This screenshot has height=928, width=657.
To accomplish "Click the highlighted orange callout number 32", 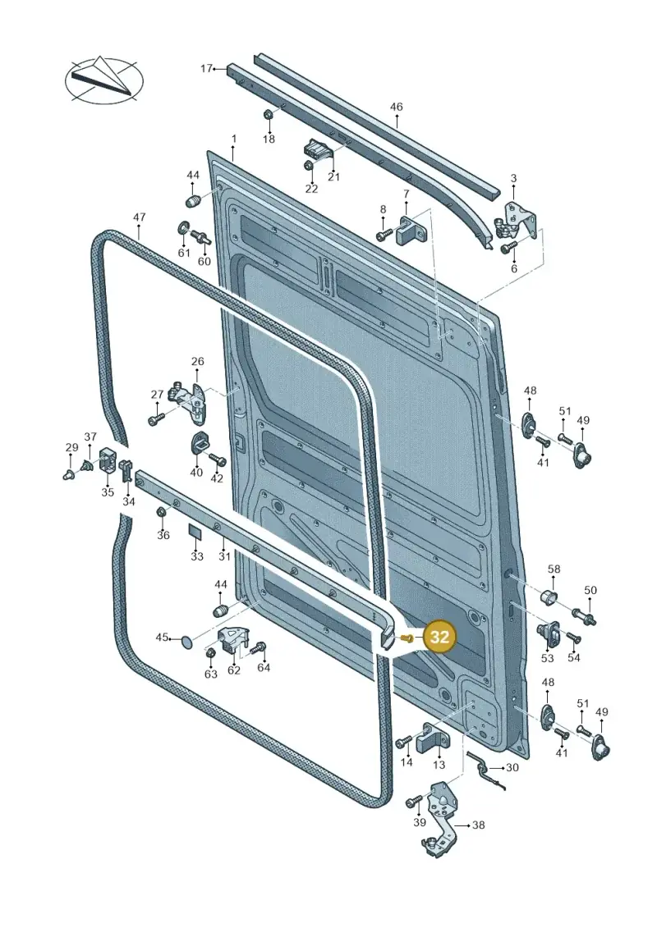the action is tap(440, 637).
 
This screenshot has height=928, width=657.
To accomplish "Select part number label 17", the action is tap(205, 69).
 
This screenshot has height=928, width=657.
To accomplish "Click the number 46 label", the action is tap(397, 107).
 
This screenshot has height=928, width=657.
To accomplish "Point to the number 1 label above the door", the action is tap(234, 139).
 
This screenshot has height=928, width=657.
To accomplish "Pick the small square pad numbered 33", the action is tap(195, 531).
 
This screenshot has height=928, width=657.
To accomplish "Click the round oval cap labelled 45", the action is tap(186, 640).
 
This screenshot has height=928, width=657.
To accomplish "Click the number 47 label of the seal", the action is tap(139, 217).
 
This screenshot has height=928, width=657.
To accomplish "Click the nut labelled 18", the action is tap(267, 113).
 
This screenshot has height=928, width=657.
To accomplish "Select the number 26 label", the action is tap(197, 361).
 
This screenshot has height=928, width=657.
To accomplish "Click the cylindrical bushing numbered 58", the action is tap(551, 597).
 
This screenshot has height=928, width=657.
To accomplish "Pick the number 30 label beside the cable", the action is tap(512, 768).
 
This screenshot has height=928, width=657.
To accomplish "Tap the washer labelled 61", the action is tap(184, 228).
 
